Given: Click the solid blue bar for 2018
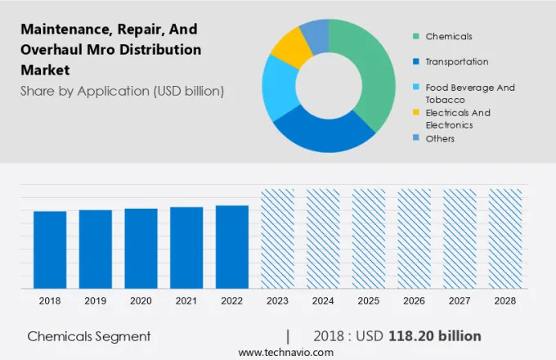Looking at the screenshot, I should click(50, 250).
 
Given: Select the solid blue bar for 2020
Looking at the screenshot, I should click(141, 248).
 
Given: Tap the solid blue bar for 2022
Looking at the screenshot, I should click(231, 246).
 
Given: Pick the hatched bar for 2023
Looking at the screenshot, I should click(277, 238).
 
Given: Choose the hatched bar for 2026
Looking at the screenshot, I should click(414, 238).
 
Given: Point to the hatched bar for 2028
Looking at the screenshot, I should click(504, 238).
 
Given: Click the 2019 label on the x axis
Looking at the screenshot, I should click(96, 301).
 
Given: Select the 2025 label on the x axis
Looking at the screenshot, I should click(368, 301).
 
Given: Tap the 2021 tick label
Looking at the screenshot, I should click(186, 301).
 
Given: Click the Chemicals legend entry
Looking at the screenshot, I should click(448, 36).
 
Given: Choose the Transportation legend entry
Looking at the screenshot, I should click(456, 61).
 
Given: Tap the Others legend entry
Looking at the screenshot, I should click(440, 138).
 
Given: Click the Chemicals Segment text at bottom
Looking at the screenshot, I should click(89, 336).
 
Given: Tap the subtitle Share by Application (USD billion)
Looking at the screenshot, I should click(122, 91).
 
